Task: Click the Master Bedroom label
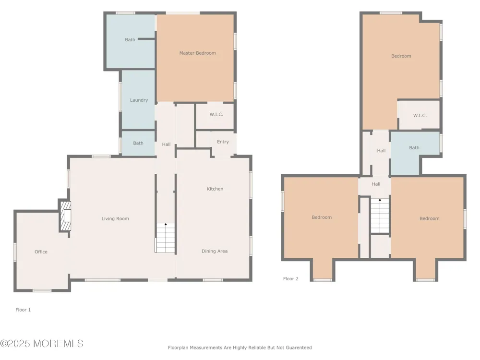click(x=197, y=53)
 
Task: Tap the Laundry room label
click(x=139, y=100)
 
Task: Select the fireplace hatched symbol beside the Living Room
click(x=65, y=216)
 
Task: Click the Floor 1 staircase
click(x=165, y=238)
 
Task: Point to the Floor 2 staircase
click(x=380, y=216)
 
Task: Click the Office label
click(x=41, y=252)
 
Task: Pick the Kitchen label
click(x=215, y=189)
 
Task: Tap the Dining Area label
click(x=215, y=251)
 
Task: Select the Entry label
click(x=223, y=142)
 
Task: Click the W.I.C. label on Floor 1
click(x=216, y=115)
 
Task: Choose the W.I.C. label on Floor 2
click(x=420, y=115)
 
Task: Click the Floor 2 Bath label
click(x=414, y=147)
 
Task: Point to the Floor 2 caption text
click(x=290, y=278)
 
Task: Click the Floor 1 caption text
click(x=23, y=310)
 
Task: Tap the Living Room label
click(x=115, y=218)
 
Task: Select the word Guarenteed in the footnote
click(x=298, y=348)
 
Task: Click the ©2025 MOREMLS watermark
click(x=42, y=344)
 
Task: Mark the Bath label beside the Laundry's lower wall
click(x=138, y=143)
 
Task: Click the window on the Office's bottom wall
click(x=42, y=290)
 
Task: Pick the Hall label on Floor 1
click(x=166, y=144)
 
